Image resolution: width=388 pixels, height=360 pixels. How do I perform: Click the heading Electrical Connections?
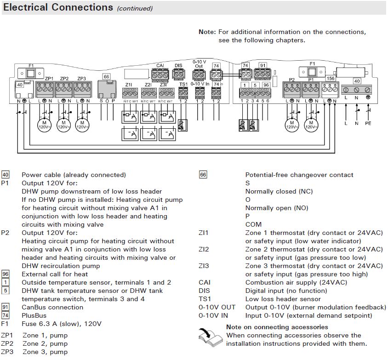58,8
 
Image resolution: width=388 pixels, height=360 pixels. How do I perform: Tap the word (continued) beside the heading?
135,9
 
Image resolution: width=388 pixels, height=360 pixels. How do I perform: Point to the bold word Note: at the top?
207,32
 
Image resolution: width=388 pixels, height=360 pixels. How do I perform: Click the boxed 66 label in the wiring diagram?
106,76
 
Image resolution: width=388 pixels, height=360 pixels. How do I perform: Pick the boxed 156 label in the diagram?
330,79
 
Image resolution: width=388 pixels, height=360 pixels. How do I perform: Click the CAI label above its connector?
160,66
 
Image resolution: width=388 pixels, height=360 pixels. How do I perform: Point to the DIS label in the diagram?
178,66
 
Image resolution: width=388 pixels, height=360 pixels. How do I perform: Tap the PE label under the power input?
367,123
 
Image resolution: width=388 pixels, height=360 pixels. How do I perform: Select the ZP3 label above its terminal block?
81,79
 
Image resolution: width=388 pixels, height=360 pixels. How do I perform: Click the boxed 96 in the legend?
6,274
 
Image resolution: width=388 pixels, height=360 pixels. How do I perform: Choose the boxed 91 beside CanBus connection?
6,307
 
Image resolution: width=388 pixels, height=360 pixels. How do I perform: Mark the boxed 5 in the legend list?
6,291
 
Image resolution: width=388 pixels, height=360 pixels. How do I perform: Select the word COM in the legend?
253,224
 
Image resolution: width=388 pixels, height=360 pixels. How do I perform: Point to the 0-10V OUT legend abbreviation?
217,307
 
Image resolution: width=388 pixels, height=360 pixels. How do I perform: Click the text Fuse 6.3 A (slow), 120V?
62,324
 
